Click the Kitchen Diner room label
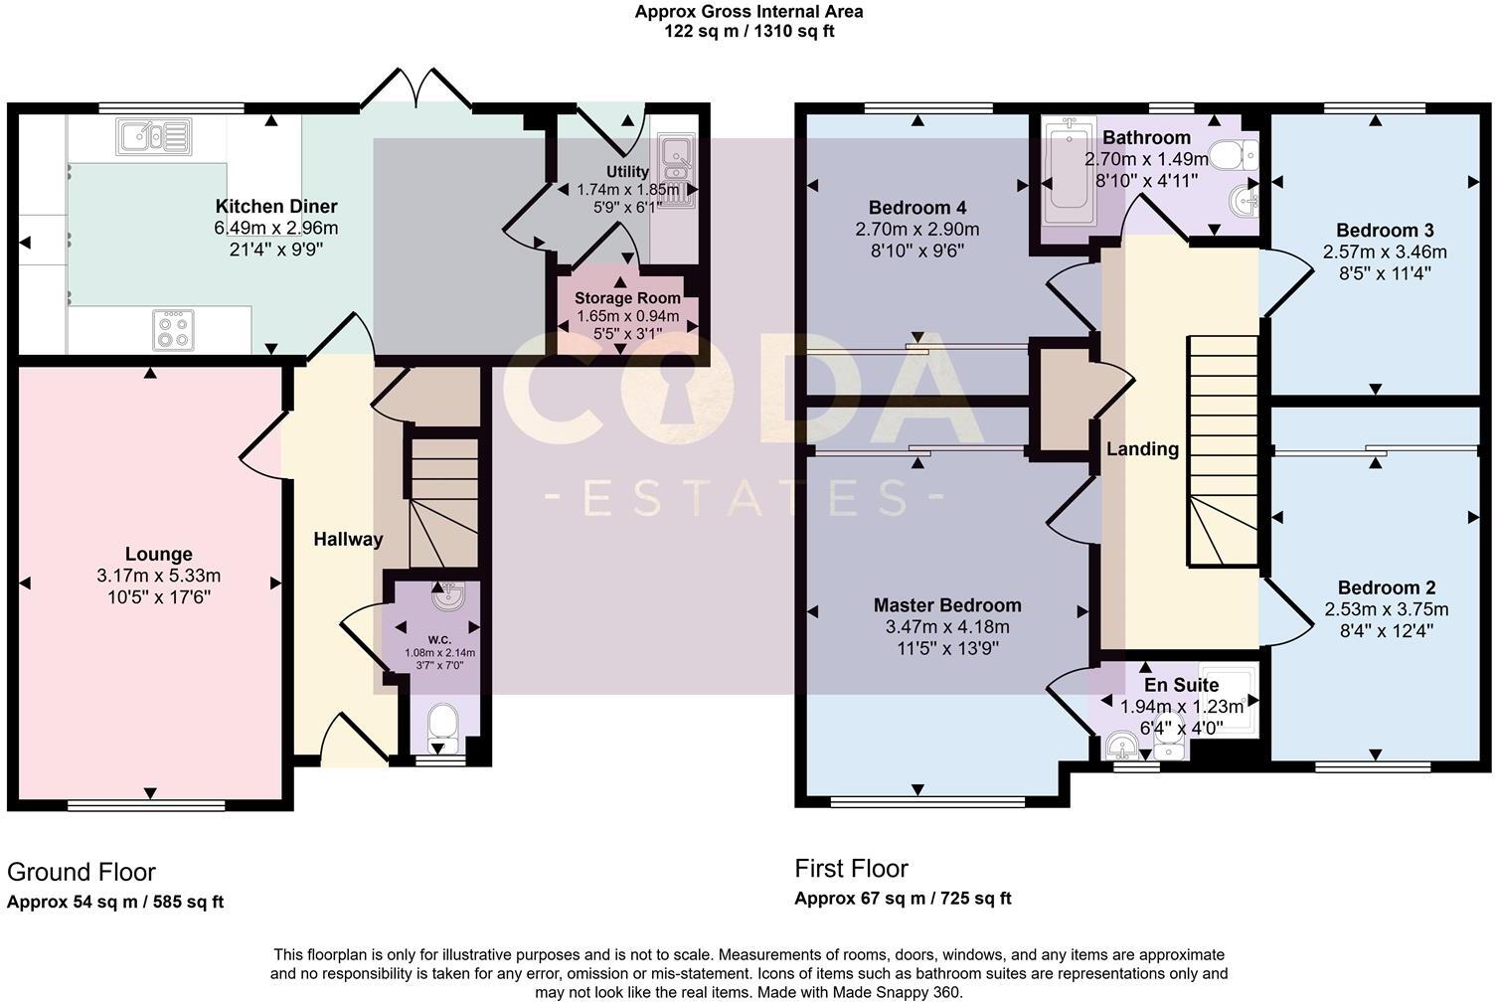(x=276, y=207)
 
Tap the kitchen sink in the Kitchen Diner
(x=153, y=135)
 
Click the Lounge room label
(x=159, y=555)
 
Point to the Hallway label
(x=348, y=540)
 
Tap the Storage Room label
(x=627, y=298)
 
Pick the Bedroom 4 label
(x=916, y=208)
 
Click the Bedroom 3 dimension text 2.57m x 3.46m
(x=1385, y=252)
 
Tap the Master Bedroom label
(x=946, y=605)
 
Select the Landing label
(x=1142, y=449)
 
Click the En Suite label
(x=1181, y=686)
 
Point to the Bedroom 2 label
(x=1386, y=587)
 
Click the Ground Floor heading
(x=82, y=872)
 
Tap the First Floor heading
(x=851, y=869)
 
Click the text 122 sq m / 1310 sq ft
(x=748, y=31)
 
